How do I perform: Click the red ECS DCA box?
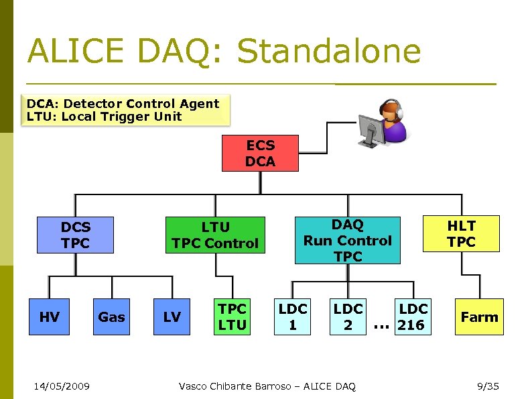point(260,153)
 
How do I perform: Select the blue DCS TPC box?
point(75,235)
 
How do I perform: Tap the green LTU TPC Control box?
point(214,235)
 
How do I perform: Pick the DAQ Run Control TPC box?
point(347,240)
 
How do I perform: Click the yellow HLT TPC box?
point(461,233)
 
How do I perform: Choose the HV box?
point(49,317)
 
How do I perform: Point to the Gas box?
point(111,317)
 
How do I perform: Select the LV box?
point(172,317)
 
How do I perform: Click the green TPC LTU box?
point(232,317)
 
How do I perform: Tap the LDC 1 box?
point(293,317)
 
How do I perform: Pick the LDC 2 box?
point(348,317)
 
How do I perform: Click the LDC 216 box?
point(411,317)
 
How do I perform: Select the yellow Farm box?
point(479,317)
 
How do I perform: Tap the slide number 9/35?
point(487,386)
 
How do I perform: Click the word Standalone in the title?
point(328,52)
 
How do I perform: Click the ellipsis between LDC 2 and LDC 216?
point(381,326)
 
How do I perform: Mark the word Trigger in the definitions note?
point(127,116)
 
